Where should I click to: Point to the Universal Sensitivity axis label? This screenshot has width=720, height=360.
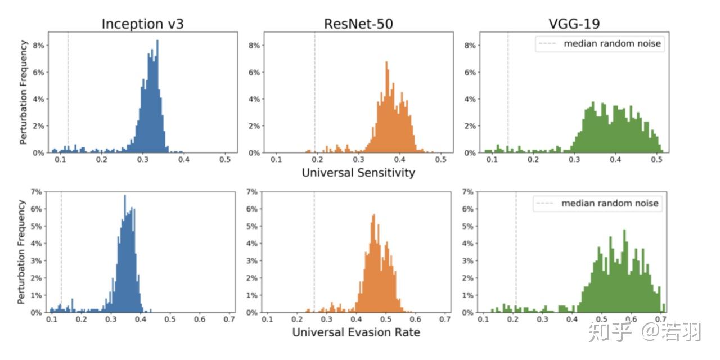[x=358, y=173]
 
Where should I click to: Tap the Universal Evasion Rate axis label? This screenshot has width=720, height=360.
[x=356, y=332]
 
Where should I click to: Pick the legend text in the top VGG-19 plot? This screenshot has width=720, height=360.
[x=612, y=44]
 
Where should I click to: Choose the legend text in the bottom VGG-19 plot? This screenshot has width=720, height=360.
[x=609, y=203]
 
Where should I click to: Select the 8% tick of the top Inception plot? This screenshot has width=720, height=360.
[x=38, y=45]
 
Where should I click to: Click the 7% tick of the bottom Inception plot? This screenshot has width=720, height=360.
[x=35, y=192]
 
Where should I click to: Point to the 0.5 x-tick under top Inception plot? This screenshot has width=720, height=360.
[x=225, y=160]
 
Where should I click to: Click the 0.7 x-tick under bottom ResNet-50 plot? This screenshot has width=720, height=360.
[x=444, y=319]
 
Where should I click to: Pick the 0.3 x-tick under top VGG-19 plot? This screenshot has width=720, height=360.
[x=574, y=160]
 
